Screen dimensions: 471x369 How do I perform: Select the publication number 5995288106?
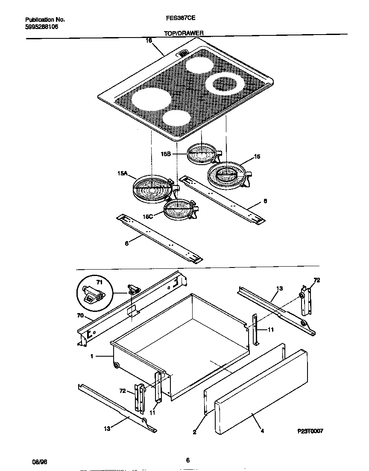(x=41, y=26)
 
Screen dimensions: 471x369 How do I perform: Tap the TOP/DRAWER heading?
(x=184, y=33)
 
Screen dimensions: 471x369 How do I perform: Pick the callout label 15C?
(x=148, y=217)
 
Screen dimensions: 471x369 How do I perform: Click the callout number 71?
(x=100, y=282)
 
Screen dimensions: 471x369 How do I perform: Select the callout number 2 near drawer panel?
(x=194, y=432)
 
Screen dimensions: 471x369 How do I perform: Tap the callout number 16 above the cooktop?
(x=149, y=41)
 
